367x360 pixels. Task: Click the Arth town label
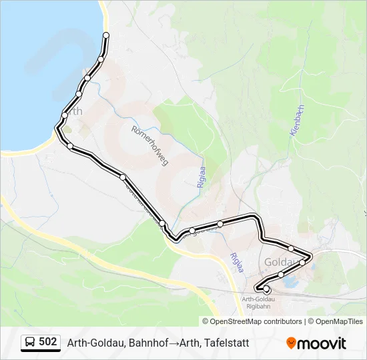pyautogui.click(x=75, y=112)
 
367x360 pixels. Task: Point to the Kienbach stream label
pyautogui.click(x=298, y=121)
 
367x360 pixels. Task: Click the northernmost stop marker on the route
pyautogui.click(x=105, y=35)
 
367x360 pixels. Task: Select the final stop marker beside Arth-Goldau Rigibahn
pyautogui.click(x=266, y=289)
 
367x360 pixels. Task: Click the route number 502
pyautogui.click(x=48, y=342)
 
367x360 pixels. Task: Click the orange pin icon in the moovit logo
pyautogui.click(x=291, y=343)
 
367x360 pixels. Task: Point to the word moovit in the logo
pyautogui.click(x=322, y=343)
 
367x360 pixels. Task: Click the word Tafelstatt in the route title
pyautogui.click(x=227, y=343)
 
